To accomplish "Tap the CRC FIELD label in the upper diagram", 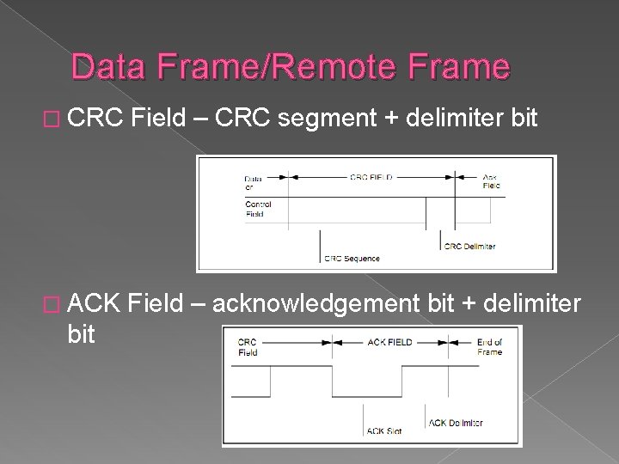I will pyautogui.click(x=371, y=177).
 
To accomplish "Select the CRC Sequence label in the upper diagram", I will pyautogui.click(x=352, y=258).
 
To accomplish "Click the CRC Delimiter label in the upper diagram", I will pyautogui.click(x=469, y=247).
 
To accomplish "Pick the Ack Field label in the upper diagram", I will pyautogui.click(x=491, y=181).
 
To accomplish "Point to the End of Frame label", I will pyautogui.click(x=489, y=346).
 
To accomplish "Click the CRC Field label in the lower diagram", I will pyautogui.click(x=248, y=346).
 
